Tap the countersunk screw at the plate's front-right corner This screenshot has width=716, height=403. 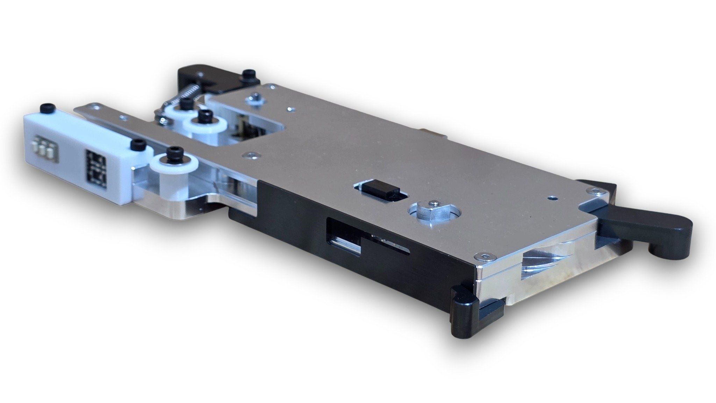484,257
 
